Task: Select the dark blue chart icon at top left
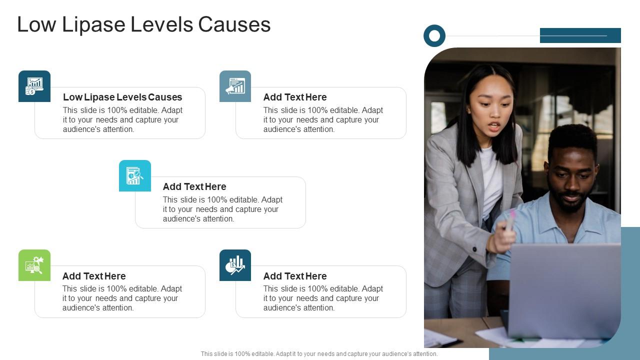tap(34, 86)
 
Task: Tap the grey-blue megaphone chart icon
tap(235, 86)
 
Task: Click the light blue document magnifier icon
tap(135, 175)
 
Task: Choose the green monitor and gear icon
tap(34, 265)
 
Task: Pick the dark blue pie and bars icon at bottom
tap(235, 265)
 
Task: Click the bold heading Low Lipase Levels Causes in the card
tap(122, 97)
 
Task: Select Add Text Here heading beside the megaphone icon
tap(295, 97)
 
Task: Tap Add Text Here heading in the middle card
tap(194, 186)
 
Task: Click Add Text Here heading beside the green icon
tap(94, 276)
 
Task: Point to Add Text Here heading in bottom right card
tap(295, 276)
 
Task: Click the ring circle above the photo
tap(434, 36)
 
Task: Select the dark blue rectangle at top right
tap(580, 35)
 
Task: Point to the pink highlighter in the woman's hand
tap(510, 220)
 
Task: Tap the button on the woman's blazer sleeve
tap(475, 249)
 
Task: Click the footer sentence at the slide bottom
tap(319, 353)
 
